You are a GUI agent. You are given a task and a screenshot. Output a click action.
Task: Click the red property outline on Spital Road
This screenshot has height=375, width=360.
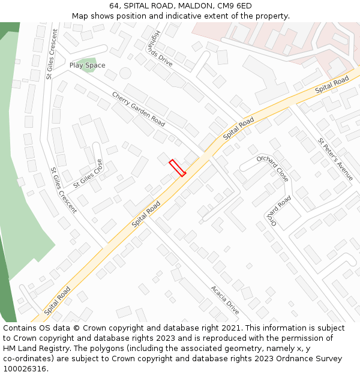tap(177, 167)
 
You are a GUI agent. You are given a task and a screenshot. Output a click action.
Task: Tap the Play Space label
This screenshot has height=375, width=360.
tap(87, 65)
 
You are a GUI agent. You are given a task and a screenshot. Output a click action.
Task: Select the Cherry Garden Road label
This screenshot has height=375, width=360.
tap(138, 109)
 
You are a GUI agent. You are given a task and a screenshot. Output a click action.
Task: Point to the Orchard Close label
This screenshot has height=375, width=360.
tap(272, 167)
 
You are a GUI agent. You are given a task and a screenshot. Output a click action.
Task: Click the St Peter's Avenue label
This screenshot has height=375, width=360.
tap(335, 159)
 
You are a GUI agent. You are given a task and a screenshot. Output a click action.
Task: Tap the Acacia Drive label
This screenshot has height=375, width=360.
tap(225, 299)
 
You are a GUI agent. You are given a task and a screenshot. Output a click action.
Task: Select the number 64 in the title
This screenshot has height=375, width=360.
tap(115, 6)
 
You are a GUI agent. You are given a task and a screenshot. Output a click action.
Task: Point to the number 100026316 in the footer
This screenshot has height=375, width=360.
tap(24, 368)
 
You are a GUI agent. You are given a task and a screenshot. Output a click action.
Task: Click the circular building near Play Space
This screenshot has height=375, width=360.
tap(125, 73)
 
